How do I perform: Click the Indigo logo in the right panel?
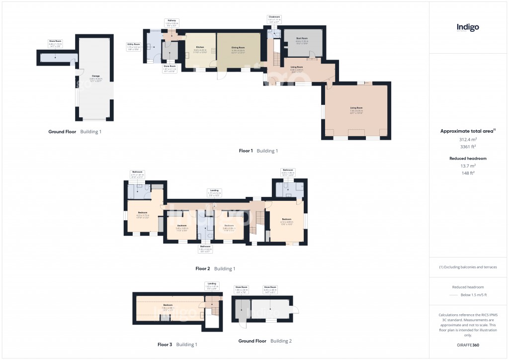(468, 28)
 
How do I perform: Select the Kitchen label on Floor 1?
(199, 49)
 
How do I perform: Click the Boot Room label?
(302, 40)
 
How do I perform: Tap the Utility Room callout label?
(134, 46)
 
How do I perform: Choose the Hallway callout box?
(172, 22)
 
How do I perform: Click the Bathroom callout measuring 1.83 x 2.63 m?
(205, 248)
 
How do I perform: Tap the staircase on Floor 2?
(258, 221)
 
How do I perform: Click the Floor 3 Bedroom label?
(168, 306)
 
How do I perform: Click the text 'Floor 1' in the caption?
(245, 151)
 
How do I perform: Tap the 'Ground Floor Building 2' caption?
(264, 341)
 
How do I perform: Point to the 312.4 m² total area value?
(467, 140)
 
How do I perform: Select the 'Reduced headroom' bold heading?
(467, 158)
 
